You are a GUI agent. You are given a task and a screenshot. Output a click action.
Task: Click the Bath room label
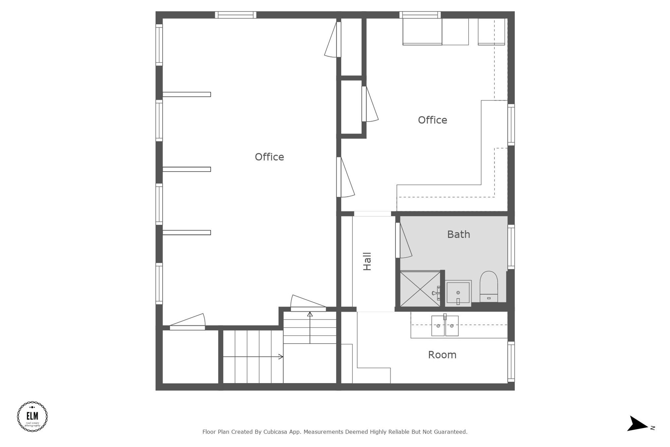[458, 234]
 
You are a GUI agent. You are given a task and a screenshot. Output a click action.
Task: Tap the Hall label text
[367, 261]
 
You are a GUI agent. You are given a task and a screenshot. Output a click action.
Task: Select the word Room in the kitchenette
[442, 355]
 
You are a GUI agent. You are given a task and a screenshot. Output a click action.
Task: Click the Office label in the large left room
[269, 157]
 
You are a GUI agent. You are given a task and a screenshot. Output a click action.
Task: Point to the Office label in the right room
[432, 120]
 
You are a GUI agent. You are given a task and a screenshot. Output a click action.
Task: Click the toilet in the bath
[488, 287]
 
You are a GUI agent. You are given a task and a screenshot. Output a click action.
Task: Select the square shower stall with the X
[420, 289]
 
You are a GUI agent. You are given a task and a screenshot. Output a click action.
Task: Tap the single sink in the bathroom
[458, 292]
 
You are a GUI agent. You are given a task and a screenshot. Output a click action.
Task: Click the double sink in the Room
[445, 326]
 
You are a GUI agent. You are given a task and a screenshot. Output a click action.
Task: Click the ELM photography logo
[32, 417]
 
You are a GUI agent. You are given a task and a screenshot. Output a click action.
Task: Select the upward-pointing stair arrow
[310, 327]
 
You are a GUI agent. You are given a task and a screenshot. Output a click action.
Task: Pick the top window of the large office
[236, 15]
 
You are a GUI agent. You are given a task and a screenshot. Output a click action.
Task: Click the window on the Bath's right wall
[511, 247]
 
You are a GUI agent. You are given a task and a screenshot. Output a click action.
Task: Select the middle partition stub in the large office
[186, 169]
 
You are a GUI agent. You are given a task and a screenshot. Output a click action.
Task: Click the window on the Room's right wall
[511, 362]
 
